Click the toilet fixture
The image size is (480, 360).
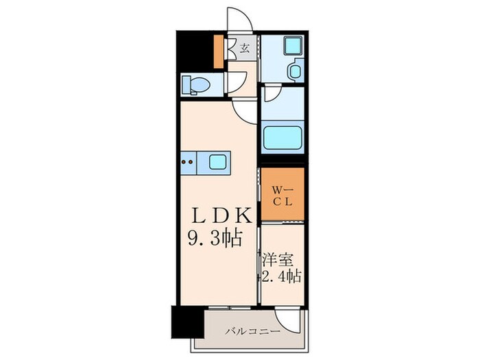(193, 84)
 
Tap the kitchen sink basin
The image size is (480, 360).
(217, 163)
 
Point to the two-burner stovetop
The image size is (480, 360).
(188, 163)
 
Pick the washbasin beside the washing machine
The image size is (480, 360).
(297, 72)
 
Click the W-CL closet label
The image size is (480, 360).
(281, 195)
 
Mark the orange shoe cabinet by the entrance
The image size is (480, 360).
(218, 50)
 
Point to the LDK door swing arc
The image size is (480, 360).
(244, 108)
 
